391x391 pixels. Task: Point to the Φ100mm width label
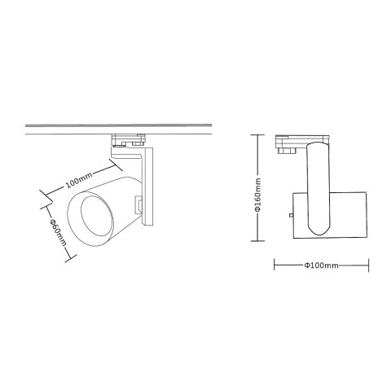click(321, 266)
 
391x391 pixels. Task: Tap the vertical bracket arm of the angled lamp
click(148, 187)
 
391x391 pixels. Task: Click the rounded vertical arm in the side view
click(317, 187)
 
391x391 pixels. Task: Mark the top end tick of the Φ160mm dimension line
click(257, 134)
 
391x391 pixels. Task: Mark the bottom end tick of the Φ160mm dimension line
click(257, 242)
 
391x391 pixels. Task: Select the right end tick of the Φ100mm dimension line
click(368, 266)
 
